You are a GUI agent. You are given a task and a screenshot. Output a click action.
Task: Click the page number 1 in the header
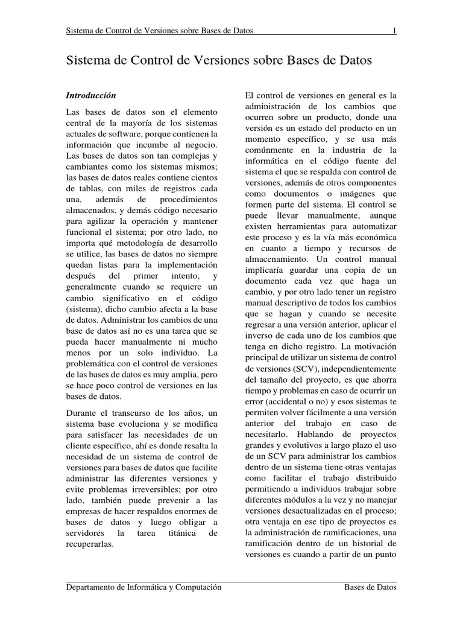click(394, 31)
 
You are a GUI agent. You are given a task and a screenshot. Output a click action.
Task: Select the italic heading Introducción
click(90, 96)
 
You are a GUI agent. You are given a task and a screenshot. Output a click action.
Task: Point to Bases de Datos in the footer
click(370, 587)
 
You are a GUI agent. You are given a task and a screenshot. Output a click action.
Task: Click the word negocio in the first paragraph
click(201, 145)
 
